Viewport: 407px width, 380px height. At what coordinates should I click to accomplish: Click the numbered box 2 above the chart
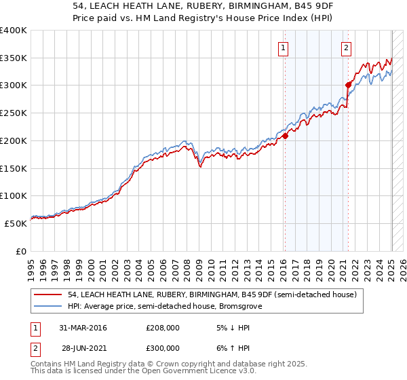pyautogui.click(x=346, y=47)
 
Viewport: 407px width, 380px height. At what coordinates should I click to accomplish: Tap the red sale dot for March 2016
pyautogui.click(x=285, y=136)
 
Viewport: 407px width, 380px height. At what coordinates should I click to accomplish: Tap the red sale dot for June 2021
pyautogui.click(x=348, y=85)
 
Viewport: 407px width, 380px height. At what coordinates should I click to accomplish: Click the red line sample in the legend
pyautogui.click(x=49, y=294)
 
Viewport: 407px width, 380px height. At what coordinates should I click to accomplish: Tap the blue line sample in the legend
pyautogui.click(x=49, y=306)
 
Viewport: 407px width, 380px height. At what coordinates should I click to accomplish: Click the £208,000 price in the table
pyautogui.click(x=162, y=328)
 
